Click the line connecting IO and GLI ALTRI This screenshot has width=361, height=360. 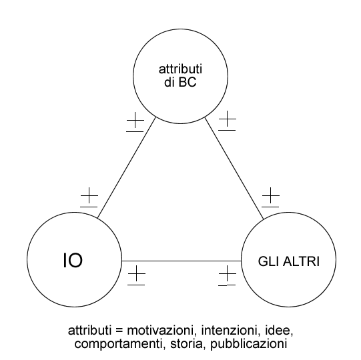182,261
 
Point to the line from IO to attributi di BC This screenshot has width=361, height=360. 127,168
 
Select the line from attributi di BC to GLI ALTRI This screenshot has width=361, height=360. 234,168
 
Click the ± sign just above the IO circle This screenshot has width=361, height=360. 89,197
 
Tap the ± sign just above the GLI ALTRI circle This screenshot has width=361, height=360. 270,197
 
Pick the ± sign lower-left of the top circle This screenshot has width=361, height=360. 135,122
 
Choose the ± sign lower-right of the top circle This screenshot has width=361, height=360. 228,121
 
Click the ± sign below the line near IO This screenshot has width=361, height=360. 137,275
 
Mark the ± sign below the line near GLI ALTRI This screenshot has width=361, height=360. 228,276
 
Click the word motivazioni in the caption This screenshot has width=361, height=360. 160,330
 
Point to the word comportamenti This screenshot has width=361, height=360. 119,345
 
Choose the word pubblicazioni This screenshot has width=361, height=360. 249,345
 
